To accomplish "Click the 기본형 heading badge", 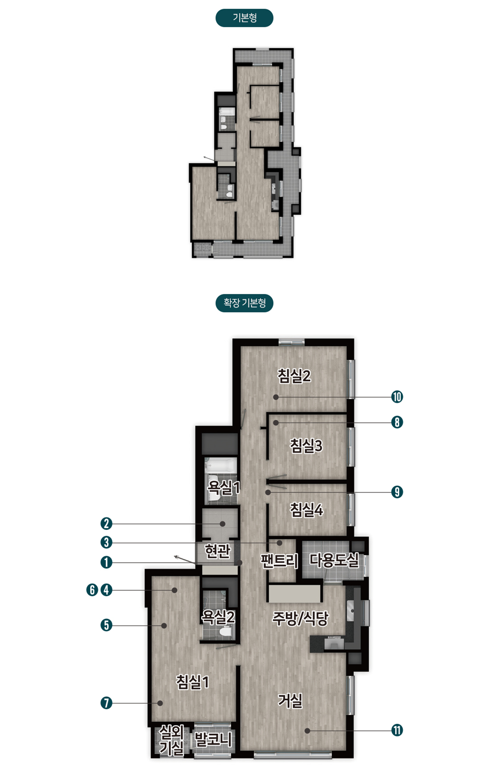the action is click(x=244, y=18).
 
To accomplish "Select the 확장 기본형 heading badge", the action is click(x=244, y=303).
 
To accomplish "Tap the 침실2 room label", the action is click(x=294, y=376).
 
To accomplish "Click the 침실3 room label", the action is click(x=306, y=446).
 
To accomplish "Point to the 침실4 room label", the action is click(x=306, y=510).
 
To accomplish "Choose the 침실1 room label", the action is click(x=193, y=682).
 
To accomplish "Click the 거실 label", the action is click(x=290, y=700).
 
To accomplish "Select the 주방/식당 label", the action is click(x=300, y=619).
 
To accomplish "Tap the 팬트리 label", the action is click(x=279, y=561).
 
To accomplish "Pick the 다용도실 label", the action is click(x=334, y=560).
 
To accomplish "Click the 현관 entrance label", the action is click(x=218, y=551).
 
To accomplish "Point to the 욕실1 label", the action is click(x=223, y=488).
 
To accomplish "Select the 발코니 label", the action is click(x=213, y=739).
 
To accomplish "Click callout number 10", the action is click(x=397, y=397).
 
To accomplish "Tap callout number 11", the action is click(x=397, y=730).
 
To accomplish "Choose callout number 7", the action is click(x=106, y=703).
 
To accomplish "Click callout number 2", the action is click(x=106, y=523).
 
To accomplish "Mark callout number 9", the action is click(x=397, y=492).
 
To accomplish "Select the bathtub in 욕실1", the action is click(x=221, y=465).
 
